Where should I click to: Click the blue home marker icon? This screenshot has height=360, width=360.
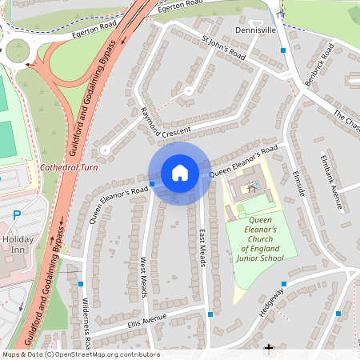[180, 172]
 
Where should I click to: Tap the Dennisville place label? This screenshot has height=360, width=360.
[255, 30]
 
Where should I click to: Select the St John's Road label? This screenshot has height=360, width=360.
[224, 46]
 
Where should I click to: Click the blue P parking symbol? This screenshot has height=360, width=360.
[18, 214]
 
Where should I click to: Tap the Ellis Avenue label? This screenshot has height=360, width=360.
[146, 322]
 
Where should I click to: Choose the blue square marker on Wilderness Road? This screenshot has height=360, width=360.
[81, 283]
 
